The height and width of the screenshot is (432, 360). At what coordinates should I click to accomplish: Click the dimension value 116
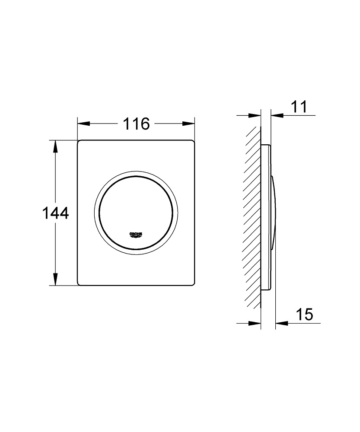click(x=136, y=124)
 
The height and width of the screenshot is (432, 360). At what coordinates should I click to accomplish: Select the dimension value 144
click(x=56, y=213)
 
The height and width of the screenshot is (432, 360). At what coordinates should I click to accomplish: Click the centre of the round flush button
click(x=136, y=213)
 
